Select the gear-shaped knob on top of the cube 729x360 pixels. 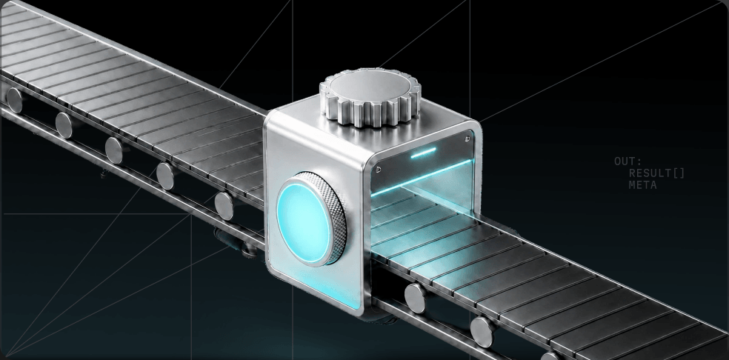click(370, 97)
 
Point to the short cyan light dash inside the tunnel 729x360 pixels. click(423, 153)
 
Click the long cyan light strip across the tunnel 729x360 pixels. click(422, 177)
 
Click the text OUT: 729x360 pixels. click(628, 162)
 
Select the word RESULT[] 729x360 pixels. click(656, 173)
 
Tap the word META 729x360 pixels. click(642, 185)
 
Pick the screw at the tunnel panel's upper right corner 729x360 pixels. click(467, 138)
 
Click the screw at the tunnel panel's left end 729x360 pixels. click(379, 170)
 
